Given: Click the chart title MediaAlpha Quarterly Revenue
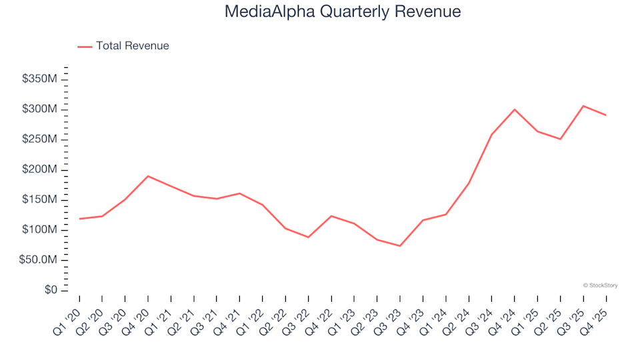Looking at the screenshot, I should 343,12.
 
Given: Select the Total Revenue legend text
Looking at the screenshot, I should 132,46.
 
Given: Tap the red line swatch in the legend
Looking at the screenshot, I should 85,47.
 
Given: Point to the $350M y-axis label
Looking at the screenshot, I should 40,79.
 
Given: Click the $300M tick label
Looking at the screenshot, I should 40,109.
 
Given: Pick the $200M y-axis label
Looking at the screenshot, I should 40,170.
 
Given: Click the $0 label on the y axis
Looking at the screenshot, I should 51,290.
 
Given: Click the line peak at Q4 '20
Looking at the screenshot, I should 147,176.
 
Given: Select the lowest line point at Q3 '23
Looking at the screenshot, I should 400,246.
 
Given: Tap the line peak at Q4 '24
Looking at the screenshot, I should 515,109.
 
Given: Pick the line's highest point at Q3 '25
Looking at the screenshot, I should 583,106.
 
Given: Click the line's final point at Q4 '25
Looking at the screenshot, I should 606,115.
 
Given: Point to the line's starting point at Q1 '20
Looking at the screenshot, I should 79,219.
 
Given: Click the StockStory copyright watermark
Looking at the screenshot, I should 600,285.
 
